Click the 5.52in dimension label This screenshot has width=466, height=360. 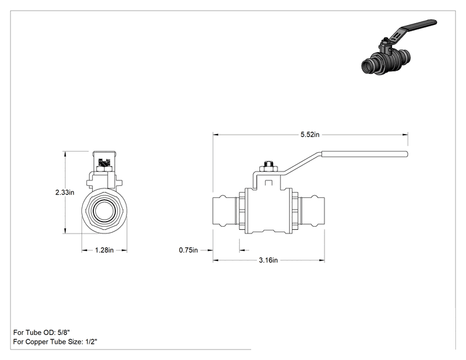[x=309, y=135]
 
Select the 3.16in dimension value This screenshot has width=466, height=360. [x=268, y=260]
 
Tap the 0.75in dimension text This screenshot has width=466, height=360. [x=188, y=250]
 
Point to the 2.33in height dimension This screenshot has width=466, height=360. [x=65, y=192]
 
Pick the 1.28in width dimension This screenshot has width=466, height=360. [x=105, y=250]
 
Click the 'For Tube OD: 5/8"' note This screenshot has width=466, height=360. [x=41, y=332]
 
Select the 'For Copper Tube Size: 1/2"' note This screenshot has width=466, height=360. [x=55, y=342]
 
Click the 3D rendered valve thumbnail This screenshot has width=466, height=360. [x=399, y=47]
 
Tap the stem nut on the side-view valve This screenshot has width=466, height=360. [x=269, y=168]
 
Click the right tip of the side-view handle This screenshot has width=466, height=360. [x=407, y=154]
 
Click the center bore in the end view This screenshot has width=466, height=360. [x=105, y=211]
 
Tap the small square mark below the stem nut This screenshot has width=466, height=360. [x=269, y=183]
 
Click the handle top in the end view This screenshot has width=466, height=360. [x=105, y=153]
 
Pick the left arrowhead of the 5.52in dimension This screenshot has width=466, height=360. [x=215, y=135]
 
